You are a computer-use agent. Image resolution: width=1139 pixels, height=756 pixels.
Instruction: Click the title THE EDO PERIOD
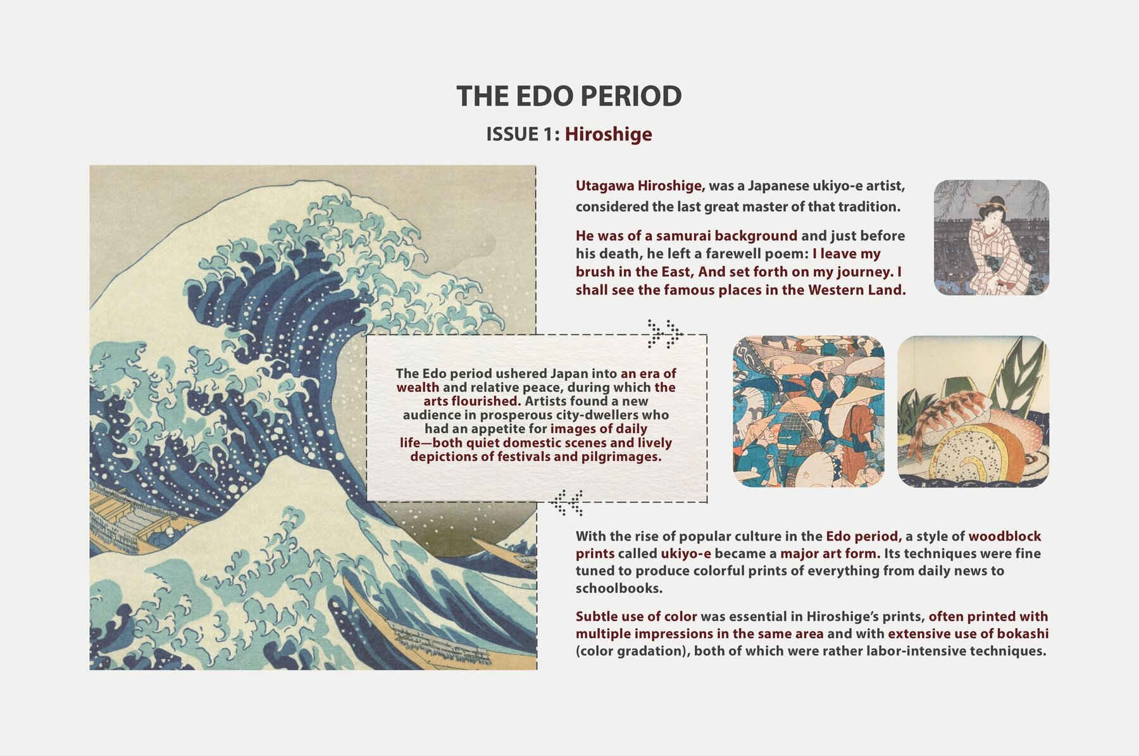569,96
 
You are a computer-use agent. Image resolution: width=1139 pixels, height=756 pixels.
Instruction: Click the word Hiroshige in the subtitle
608,134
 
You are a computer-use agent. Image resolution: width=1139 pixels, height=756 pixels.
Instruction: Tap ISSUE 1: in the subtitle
523,134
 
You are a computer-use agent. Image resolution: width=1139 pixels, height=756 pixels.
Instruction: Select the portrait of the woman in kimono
991,237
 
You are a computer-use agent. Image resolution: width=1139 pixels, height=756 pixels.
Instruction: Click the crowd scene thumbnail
808,412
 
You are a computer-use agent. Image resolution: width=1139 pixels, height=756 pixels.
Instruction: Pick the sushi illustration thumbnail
973,412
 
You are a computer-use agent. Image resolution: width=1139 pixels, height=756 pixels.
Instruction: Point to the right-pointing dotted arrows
664,334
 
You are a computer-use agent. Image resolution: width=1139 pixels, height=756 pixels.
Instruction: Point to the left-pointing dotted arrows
567,503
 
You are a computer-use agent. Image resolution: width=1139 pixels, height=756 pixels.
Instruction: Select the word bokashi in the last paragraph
1023,634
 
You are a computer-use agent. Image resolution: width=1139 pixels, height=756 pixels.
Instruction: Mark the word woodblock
1004,536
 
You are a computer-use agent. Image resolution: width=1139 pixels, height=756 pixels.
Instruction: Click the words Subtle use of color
636,617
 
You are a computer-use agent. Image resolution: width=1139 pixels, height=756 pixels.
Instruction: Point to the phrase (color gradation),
633,652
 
